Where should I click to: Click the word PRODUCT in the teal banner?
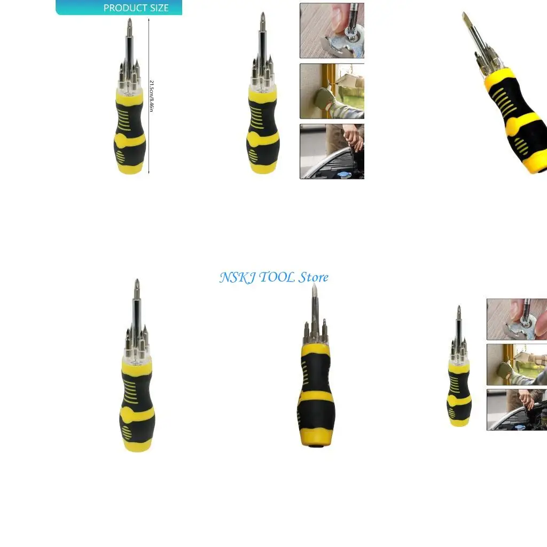click(122, 8)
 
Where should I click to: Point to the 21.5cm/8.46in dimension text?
click(152, 96)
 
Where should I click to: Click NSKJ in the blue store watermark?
click(237, 277)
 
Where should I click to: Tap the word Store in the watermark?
click(314, 277)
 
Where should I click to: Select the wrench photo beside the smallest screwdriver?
click(517, 319)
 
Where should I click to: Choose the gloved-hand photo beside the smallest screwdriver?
click(517, 364)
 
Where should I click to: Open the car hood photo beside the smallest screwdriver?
click(517, 409)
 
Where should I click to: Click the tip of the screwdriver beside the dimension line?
click(129, 21)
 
